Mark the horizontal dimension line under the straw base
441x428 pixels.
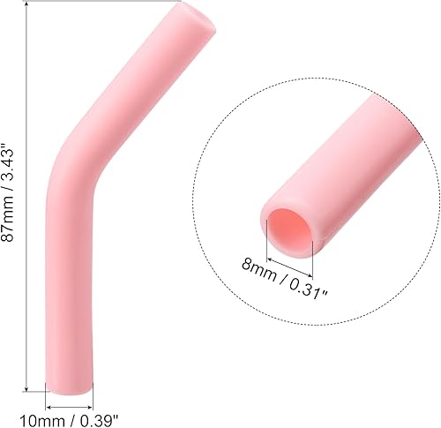(69, 393)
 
